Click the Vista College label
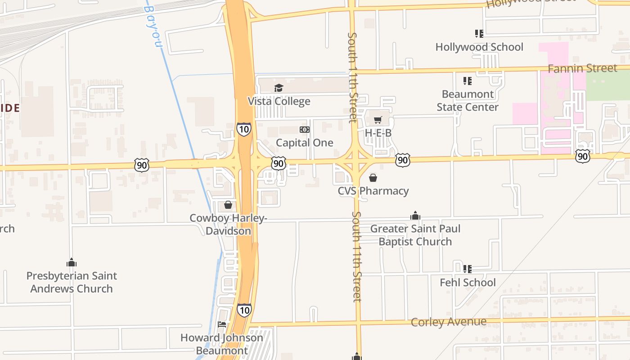279,101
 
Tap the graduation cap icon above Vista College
279,88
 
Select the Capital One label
305,143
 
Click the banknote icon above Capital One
305,130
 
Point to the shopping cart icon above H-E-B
378,120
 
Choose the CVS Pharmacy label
373,191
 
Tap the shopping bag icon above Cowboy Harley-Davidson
228,205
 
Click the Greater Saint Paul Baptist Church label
415,235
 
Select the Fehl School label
468,283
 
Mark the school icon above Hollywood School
479,34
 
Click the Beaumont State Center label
468,100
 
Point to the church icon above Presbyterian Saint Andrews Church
72,262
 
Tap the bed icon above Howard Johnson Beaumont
222,324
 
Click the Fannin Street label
582,68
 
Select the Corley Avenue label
449,322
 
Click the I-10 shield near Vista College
244,130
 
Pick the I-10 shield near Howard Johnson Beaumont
244,310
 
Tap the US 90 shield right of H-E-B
403,160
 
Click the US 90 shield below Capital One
279,163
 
